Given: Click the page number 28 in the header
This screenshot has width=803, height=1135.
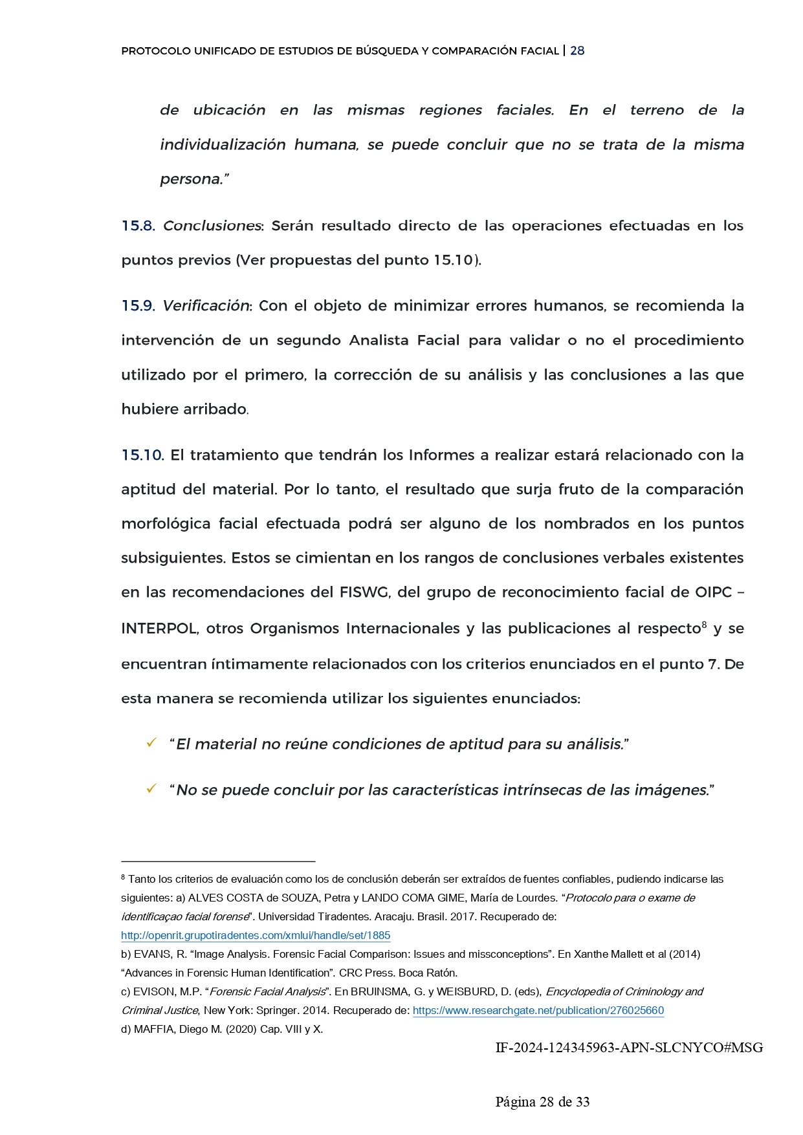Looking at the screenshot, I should pos(577,51).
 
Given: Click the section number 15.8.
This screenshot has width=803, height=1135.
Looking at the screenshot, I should pos(138,226).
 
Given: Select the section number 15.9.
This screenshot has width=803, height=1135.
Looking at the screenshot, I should pos(138,306).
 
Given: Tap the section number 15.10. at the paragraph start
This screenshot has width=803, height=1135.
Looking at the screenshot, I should pos(142,455).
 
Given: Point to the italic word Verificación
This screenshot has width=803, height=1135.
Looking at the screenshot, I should pos(206,306).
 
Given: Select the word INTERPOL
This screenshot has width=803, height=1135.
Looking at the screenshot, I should pos(159,629).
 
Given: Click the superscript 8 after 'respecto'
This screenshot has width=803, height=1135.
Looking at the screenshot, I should pos(704,624).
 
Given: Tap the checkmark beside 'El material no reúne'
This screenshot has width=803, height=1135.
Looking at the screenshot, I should pos(152,743).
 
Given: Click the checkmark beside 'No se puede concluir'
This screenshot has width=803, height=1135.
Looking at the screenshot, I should pos(152,789).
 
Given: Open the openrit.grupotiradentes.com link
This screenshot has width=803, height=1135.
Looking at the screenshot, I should pos(256,936).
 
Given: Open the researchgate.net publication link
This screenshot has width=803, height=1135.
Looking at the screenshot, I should pos(538,1011).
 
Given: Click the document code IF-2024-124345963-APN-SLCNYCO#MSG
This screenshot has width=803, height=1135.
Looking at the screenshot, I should pos(629,1048).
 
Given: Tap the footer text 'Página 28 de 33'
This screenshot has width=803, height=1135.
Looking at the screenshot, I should pos(542,1102).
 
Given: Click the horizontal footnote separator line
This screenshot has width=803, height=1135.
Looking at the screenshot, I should pos(218,861).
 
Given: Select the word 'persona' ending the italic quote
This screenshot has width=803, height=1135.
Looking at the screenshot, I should pos(191,179).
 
